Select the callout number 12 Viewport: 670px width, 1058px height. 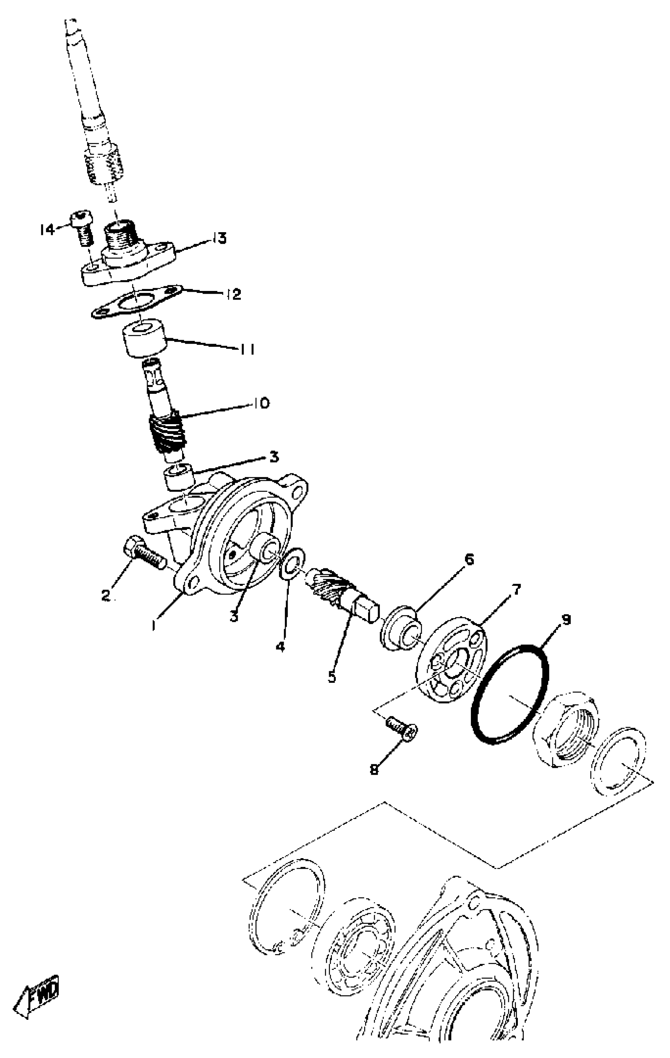233,294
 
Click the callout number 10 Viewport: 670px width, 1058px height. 261,402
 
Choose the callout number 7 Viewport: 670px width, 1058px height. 514,589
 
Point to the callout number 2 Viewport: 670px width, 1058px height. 106,595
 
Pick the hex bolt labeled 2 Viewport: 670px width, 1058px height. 143,552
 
